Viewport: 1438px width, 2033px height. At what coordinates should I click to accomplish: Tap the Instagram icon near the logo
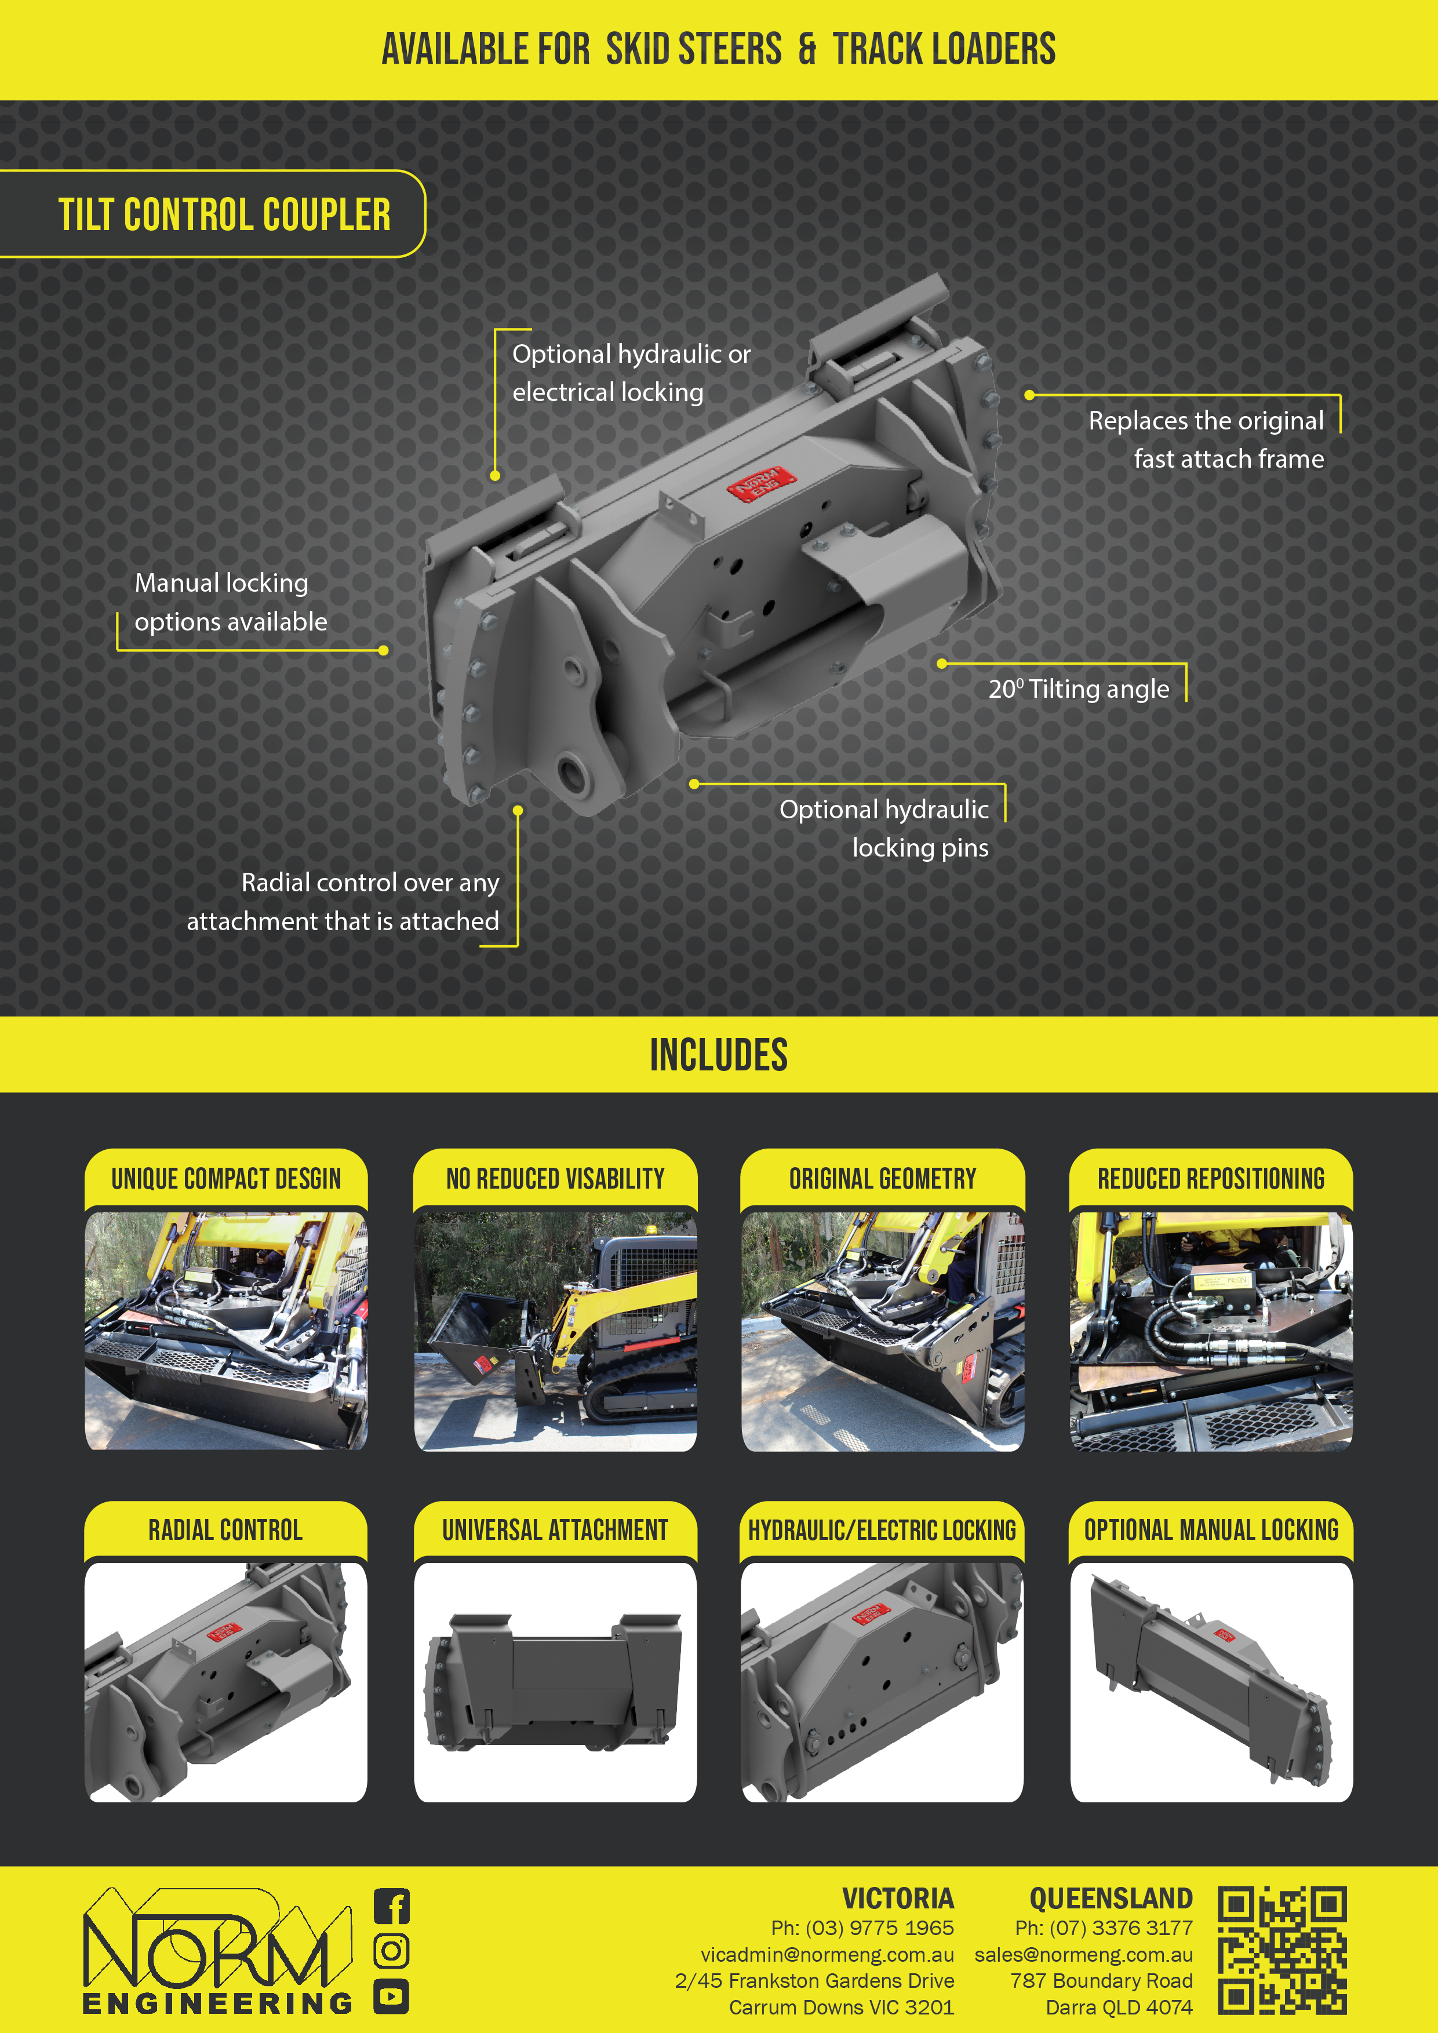(391, 1951)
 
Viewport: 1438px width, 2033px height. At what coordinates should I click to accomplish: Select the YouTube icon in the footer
(391, 1996)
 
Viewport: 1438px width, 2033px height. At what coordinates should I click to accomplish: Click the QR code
(1282, 1950)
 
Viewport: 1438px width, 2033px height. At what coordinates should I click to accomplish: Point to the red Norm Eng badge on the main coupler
(762, 484)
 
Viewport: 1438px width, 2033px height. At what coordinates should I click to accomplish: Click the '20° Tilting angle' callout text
(1079, 689)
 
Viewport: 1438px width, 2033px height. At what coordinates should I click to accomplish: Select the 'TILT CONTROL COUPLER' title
(224, 215)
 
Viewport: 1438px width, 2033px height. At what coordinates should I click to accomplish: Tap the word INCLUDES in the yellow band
(719, 1055)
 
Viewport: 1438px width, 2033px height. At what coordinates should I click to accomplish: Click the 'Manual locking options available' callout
(230, 602)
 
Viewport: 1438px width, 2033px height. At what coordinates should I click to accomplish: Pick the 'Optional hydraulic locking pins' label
(884, 828)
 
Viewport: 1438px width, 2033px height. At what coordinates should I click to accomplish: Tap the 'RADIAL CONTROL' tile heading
(226, 1529)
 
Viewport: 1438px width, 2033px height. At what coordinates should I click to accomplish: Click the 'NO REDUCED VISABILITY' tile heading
(555, 1179)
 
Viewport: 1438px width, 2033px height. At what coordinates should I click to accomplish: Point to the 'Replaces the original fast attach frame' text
(1206, 439)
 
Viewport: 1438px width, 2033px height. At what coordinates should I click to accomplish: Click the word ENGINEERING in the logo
(218, 2003)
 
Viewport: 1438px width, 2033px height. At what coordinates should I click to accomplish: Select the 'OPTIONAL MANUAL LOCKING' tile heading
(1211, 1529)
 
